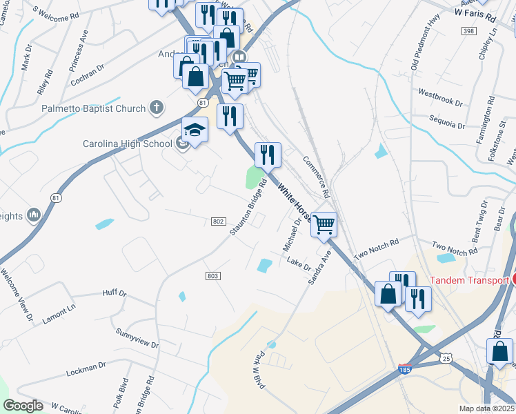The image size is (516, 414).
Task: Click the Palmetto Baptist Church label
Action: pyautogui.click(x=94, y=108)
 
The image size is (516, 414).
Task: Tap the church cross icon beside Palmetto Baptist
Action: pyautogui.click(x=157, y=108)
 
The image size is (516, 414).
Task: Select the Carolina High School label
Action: pyautogui.click(x=127, y=144)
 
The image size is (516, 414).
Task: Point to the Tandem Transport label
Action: pyautogui.click(x=469, y=279)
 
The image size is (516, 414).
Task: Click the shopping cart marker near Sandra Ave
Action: pyautogui.click(x=324, y=225)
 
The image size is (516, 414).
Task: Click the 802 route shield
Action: pyautogui.click(x=217, y=221)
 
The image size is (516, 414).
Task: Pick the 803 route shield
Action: pyautogui.click(x=212, y=276)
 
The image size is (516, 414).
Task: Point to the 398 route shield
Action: pyautogui.click(x=468, y=32)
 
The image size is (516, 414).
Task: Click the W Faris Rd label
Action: pyautogui.click(x=475, y=14)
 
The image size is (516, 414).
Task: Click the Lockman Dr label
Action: pyautogui.click(x=86, y=368)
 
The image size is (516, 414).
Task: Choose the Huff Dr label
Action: pyautogui.click(x=114, y=293)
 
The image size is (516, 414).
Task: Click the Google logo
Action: pyautogui.click(x=23, y=406)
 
